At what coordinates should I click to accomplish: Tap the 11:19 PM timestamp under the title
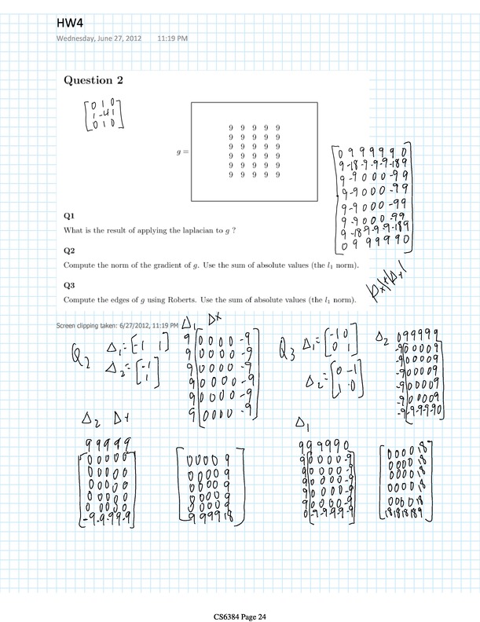pos(172,38)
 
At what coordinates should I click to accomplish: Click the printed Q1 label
pos(68,214)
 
